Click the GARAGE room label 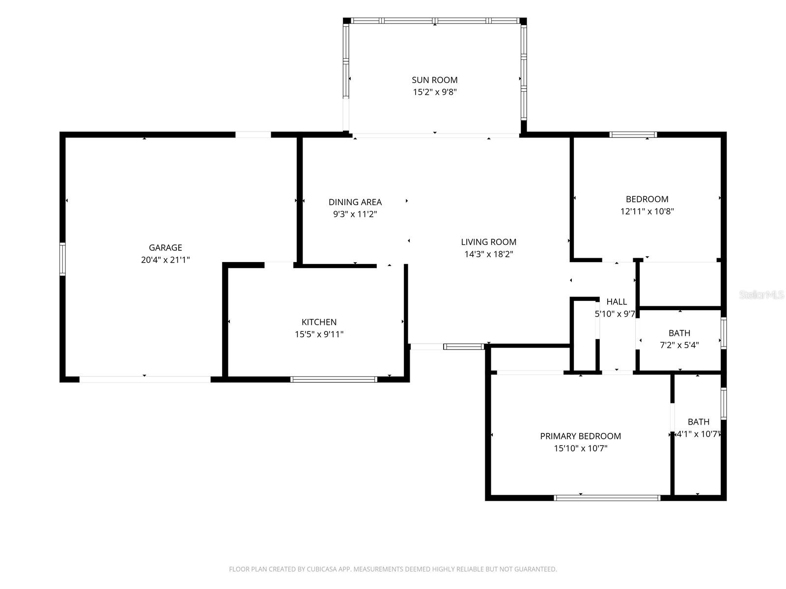165,247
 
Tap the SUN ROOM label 434,80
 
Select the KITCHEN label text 319,322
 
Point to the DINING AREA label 355,202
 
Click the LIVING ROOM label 488,242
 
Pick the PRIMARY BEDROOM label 581,436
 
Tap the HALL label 616,301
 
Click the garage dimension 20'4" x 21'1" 165,260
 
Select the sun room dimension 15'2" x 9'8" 434,92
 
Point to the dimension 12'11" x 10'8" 646,211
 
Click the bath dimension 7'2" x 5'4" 679,345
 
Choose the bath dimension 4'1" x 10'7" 698,434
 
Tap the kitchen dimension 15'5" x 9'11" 319,334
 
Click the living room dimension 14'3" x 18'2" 488,254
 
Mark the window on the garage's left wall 62,259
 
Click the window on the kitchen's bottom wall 334,379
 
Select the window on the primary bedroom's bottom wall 607,497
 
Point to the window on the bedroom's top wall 633,134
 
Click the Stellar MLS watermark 761,294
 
